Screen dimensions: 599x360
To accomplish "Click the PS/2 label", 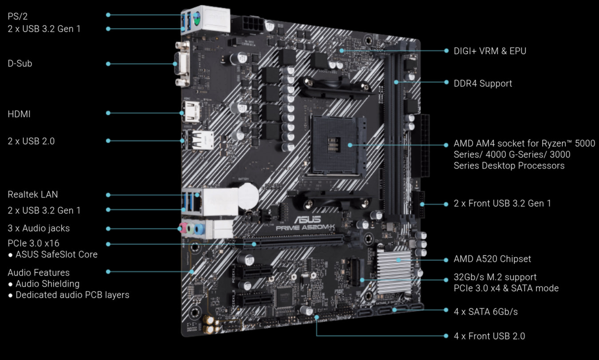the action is [x=18, y=16].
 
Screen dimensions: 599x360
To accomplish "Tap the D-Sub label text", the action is [x=20, y=63].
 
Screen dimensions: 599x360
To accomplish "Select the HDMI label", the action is [x=19, y=114].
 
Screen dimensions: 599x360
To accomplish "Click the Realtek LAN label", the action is [x=32, y=194].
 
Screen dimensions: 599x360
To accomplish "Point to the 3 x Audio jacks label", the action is [x=39, y=228].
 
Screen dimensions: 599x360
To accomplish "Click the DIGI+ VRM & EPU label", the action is [x=490, y=51].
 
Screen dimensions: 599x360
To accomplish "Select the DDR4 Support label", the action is [x=483, y=83].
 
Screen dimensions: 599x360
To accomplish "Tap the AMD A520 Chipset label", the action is [x=492, y=259].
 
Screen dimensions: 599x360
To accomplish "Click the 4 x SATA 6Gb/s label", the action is [x=486, y=312].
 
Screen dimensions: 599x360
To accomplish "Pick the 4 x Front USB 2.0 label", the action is [x=489, y=336].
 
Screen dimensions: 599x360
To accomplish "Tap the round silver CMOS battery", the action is [x=248, y=196].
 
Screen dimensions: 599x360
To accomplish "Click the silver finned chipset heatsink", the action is [x=394, y=272].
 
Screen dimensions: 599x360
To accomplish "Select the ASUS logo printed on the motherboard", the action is [x=308, y=219].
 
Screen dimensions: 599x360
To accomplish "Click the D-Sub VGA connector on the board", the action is [x=182, y=64].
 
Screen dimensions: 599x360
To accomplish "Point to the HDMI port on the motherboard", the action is [x=191, y=112].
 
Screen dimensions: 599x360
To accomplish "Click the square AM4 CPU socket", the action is [x=337, y=146].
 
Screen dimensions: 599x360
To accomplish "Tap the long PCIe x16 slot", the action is [x=290, y=241].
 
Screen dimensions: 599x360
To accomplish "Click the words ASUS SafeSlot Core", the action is [x=56, y=254].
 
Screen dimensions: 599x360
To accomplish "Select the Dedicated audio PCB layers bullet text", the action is [x=72, y=295].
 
